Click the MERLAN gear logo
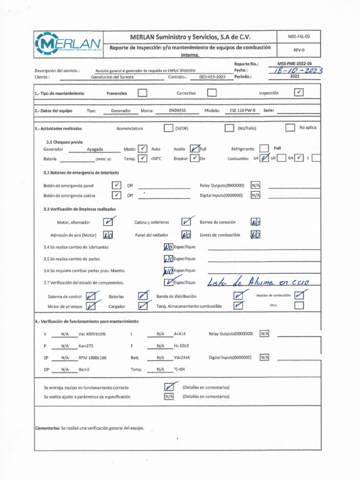tap(68, 44)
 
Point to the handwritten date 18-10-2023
tap(297, 70)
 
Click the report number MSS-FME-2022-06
tap(294, 63)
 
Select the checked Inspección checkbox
tap(299, 93)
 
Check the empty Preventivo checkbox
tap(142, 93)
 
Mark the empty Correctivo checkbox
tap(212, 93)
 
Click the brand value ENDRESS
tap(177, 111)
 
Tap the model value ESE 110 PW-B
tap(242, 111)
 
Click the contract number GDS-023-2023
tap(212, 76)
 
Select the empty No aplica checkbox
tap(290, 127)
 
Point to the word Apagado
tap(95, 149)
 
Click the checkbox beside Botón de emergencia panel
tap(117, 185)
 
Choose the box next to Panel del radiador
tap(186, 235)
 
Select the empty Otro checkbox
tap(299, 305)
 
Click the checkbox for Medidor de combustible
tap(300, 295)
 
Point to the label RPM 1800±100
tap(92, 358)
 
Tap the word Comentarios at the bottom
tap(47, 428)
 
